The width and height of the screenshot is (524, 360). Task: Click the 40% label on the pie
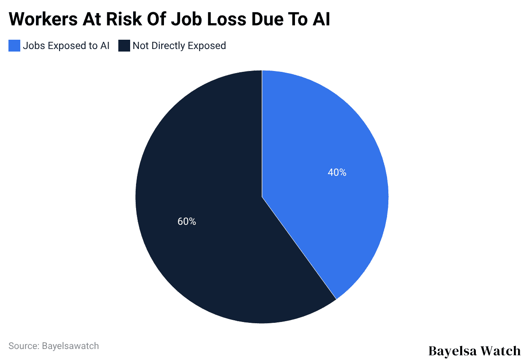click(337, 172)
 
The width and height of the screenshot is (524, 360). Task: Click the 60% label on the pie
click(186, 221)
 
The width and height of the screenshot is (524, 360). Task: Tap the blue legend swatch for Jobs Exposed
click(14, 46)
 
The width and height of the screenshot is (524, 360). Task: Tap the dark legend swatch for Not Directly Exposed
click(124, 46)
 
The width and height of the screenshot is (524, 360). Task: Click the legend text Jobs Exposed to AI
click(66, 46)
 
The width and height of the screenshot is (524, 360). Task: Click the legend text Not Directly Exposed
click(179, 46)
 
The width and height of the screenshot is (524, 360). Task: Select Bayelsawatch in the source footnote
click(70, 346)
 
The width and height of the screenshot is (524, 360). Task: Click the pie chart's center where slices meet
click(262, 197)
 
